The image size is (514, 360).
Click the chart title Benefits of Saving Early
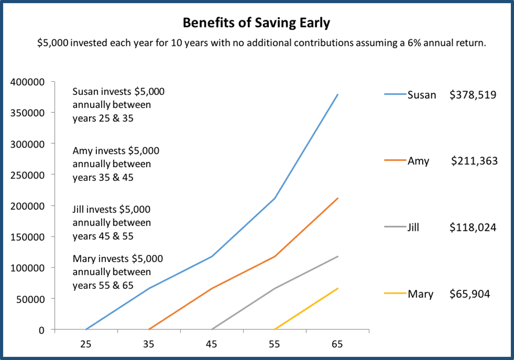(x=257, y=23)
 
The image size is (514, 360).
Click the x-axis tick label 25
(x=86, y=344)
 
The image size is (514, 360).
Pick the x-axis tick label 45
(x=211, y=344)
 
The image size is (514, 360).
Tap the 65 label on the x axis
(x=337, y=344)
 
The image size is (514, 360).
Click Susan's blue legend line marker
(x=395, y=95)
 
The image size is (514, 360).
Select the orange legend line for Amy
(x=395, y=161)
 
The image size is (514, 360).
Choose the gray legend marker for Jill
(x=395, y=227)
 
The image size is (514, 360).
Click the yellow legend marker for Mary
(x=395, y=294)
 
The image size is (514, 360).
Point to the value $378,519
(x=473, y=95)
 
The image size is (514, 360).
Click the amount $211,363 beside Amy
(x=474, y=161)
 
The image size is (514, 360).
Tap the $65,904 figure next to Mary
(x=470, y=294)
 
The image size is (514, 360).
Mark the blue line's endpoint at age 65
(x=337, y=95)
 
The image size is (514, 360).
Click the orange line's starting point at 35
(x=149, y=329)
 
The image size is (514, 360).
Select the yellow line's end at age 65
(x=337, y=288)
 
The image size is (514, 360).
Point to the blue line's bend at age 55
(x=275, y=198)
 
